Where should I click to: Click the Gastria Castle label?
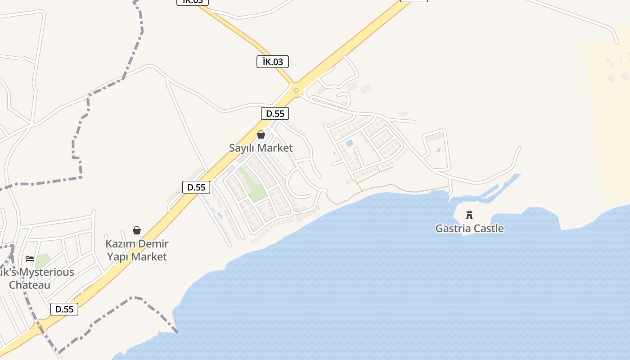click(469, 228)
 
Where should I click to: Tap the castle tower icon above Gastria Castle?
click(469, 215)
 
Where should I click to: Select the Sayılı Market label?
click(261, 148)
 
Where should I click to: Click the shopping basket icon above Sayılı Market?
click(261, 135)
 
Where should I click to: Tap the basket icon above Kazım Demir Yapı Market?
click(137, 230)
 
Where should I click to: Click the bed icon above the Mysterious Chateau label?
click(30, 259)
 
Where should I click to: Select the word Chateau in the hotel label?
click(30, 285)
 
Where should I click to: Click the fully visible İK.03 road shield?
click(272, 62)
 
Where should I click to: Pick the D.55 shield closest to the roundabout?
click(275, 113)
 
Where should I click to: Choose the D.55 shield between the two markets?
click(196, 187)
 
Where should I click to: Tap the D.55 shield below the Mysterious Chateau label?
click(64, 309)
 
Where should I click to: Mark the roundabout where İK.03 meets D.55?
click(296, 90)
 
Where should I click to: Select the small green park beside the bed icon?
click(43, 261)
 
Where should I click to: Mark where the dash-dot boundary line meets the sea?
click(177, 332)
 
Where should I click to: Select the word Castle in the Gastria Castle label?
click(488, 228)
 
